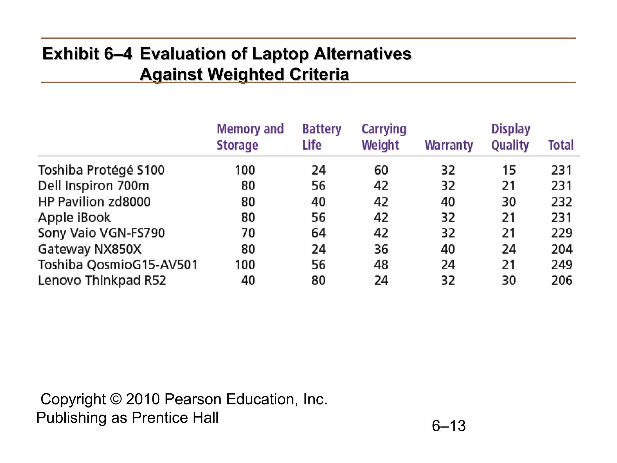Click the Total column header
tap(561, 145)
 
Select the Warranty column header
tap(449, 145)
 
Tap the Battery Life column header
tap(321, 137)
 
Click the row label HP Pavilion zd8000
tap(94, 202)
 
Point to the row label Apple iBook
tap(74, 217)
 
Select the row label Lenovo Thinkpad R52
tap(102, 280)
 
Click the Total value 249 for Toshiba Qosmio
tap(562, 265)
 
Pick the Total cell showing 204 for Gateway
tap(562, 249)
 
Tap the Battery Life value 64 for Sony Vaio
tap(318, 233)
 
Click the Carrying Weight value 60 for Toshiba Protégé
tap(381, 170)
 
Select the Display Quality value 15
tap(509, 170)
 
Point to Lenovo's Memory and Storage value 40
tap(248, 280)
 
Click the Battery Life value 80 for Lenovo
tap(318, 280)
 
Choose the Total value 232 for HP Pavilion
tap(562, 202)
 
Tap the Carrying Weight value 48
tap(381, 265)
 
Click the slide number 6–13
tap(449, 426)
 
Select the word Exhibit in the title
tap(70, 54)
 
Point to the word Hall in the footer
tap(206, 418)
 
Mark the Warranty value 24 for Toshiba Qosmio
tap(448, 265)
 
